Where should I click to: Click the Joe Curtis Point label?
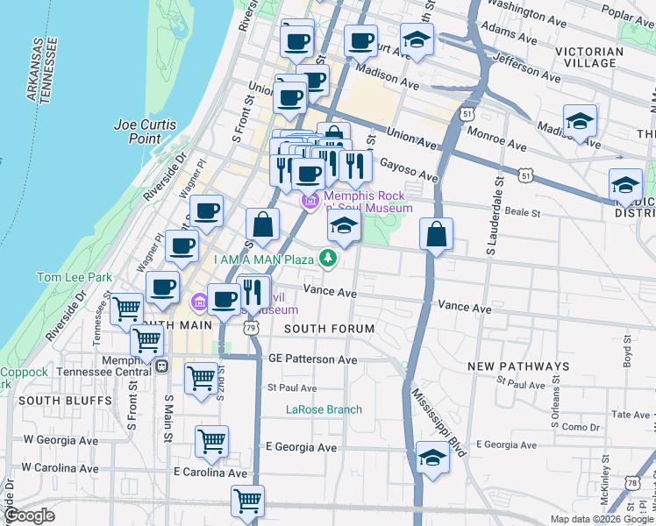tap(138, 131)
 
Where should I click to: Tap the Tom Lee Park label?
tap(74, 277)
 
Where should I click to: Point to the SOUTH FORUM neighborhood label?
tap(329, 329)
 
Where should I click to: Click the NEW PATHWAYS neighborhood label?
tap(518, 366)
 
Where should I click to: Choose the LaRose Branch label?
tap(324, 409)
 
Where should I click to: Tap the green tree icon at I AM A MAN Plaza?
tap(328, 258)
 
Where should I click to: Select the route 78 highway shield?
tap(632, 483)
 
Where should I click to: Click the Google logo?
tap(31, 515)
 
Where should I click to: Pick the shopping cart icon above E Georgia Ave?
tap(211, 442)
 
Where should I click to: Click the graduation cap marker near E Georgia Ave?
tap(432, 458)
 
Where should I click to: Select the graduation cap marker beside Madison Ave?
tap(580, 121)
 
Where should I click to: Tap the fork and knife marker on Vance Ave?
tap(254, 292)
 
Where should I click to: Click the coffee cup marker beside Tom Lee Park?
tap(162, 287)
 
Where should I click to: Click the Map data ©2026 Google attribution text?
tap(601, 519)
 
